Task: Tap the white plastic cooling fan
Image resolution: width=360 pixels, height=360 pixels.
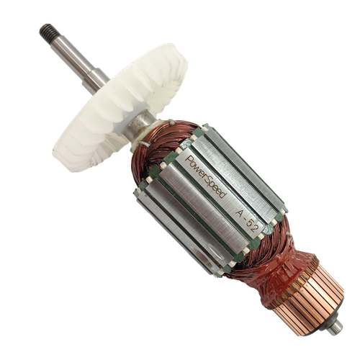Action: (120, 108)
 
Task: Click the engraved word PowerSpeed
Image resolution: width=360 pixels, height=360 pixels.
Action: (207, 177)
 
